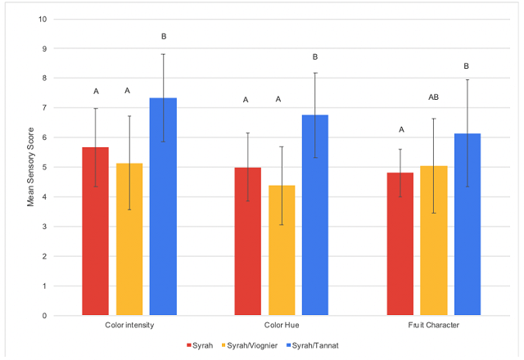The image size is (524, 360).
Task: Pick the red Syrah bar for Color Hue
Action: tap(247, 241)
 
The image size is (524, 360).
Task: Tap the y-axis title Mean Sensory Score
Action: tap(31, 167)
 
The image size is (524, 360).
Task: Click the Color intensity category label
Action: tap(129, 326)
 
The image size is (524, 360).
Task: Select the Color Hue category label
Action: tap(281, 326)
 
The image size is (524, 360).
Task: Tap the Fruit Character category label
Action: tap(433, 326)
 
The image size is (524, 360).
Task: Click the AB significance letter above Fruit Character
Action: tap(433, 97)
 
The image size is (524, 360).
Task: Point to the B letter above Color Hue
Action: tap(314, 56)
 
